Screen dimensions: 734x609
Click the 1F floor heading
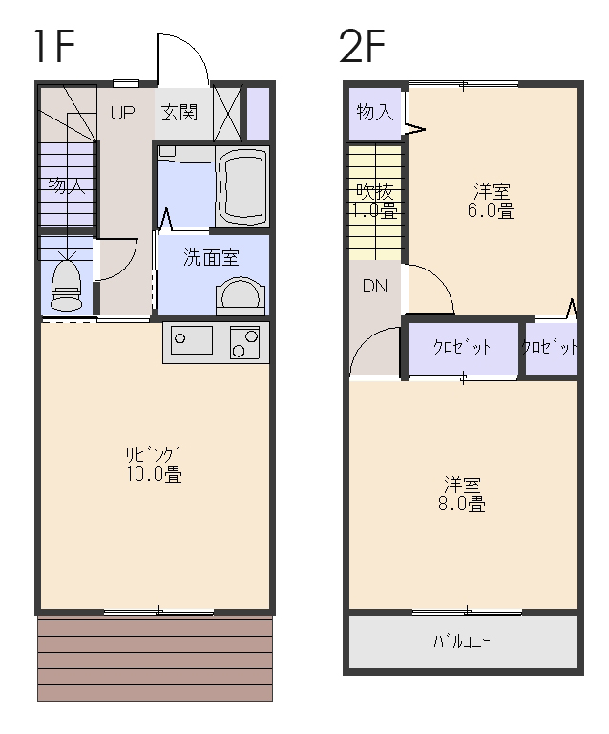pyautogui.click(x=54, y=45)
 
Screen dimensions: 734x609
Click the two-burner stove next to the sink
pyautogui.click(x=243, y=342)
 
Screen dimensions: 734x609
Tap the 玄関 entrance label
pyautogui.click(x=179, y=113)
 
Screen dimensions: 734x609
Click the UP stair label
pyautogui.click(x=122, y=113)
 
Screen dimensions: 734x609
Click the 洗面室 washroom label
pyautogui.click(x=211, y=258)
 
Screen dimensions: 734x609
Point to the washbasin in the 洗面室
pyautogui.click(x=238, y=296)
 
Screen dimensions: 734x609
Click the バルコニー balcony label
pyautogui.click(x=462, y=641)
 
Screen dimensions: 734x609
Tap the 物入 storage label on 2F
pyautogui.click(x=374, y=112)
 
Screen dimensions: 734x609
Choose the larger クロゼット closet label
pyautogui.click(x=462, y=347)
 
